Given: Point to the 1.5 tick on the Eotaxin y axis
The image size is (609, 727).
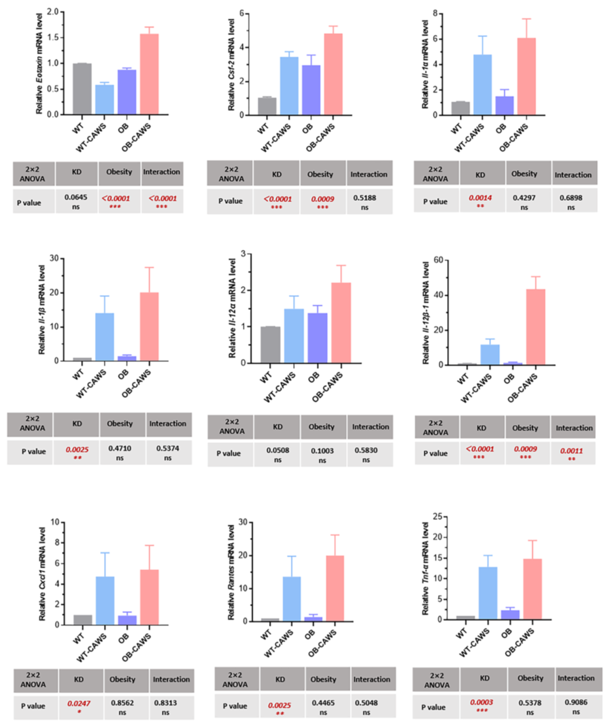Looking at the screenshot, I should point(54,38).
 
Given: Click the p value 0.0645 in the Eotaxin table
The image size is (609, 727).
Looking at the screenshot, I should point(76,197).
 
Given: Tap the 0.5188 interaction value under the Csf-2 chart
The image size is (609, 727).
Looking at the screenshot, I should point(365,198).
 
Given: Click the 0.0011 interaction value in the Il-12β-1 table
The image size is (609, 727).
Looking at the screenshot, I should point(571,451).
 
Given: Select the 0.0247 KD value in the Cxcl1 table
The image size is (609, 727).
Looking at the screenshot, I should point(79,703).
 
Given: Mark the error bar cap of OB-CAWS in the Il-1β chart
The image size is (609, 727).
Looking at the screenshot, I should point(149,267).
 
